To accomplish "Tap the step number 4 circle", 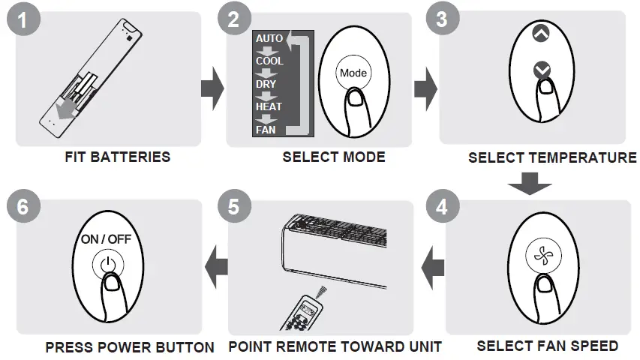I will click(441, 205).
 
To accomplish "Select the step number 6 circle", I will click(23, 206).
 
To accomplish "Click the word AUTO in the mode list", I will click(269, 38).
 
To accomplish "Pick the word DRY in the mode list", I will click(266, 84).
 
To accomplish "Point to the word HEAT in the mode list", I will click(269, 107).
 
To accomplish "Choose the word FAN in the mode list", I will click(266, 130).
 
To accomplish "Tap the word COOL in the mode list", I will click(269, 61).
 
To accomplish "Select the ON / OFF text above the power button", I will click(106, 241).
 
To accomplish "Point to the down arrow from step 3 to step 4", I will click(531, 182).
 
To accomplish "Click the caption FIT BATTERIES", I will click(117, 157).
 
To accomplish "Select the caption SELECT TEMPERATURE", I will click(551, 157).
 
